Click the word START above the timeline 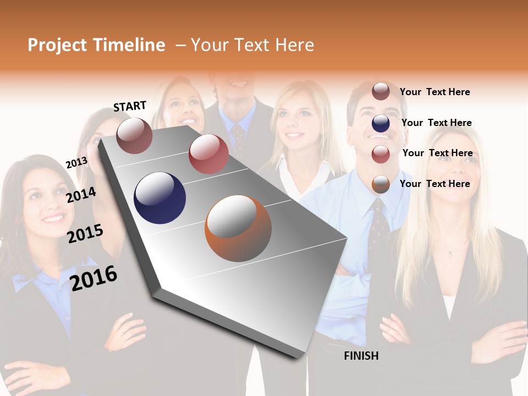coord(130,106)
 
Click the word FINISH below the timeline coord(361,356)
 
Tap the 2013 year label coord(76,163)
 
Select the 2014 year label coord(81,195)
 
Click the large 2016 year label coord(94,278)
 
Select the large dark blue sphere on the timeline coord(159,198)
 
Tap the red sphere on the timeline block coord(208,154)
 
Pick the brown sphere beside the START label coord(135,135)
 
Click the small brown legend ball coord(381,91)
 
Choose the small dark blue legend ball coord(381,123)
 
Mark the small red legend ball coord(381,154)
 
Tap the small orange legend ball coord(381,184)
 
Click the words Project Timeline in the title coord(96,45)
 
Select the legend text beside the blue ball coord(436,123)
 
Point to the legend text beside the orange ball coord(435,184)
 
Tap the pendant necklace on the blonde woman coord(450,253)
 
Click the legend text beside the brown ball coord(435,92)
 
